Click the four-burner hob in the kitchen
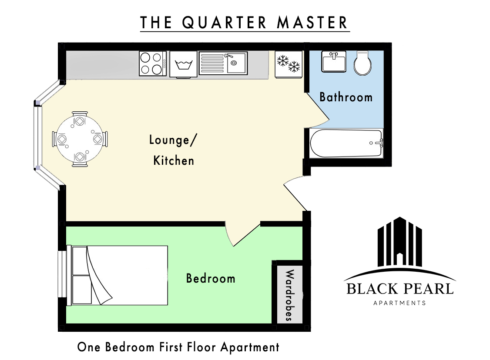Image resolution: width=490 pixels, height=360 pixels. click(x=152, y=63)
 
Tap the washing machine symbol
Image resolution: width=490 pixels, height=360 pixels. click(x=183, y=64)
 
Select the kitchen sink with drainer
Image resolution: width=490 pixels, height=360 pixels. click(x=223, y=63)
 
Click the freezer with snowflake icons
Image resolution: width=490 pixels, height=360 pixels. click(x=289, y=64)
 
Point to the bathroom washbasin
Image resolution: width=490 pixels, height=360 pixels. click(x=334, y=61)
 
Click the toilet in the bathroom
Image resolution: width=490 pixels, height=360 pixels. click(x=362, y=63)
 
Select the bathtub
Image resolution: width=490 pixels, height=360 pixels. click(x=346, y=143)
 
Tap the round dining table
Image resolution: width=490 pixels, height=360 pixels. click(x=80, y=139)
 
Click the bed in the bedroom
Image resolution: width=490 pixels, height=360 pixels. click(x=117, y=275)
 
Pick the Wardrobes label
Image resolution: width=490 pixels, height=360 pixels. click(x=290, y=295)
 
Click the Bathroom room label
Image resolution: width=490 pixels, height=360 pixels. click(x=346, y=97)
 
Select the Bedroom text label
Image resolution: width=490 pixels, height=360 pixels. click(x=211, y=278)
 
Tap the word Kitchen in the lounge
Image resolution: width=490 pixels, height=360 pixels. click(x=174, y=160)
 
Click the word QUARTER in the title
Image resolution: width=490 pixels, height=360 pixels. click(x=224, y=23)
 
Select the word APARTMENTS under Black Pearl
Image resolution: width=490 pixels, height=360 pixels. click(x=399, y=303)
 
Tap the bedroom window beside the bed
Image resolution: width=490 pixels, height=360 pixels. click(x=63, y=275)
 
